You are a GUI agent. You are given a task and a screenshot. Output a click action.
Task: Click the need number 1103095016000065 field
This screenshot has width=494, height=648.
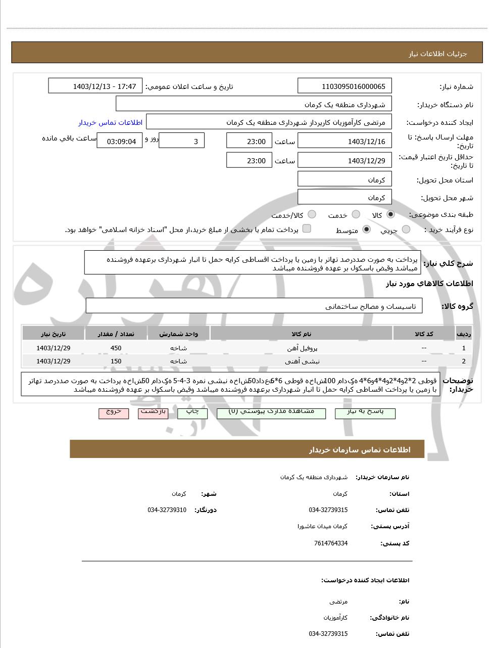point(345,86)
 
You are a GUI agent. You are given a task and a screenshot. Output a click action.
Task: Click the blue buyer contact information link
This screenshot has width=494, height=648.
point(110,123)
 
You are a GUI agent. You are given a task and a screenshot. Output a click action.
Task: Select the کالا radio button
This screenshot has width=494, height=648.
point(390,214)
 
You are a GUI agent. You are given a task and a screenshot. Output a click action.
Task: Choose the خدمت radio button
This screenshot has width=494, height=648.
point(356,215)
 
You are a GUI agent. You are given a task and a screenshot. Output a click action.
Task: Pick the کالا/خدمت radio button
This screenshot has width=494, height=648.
point(312,215)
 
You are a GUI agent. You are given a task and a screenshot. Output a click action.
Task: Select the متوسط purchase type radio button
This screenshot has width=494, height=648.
point(366,229)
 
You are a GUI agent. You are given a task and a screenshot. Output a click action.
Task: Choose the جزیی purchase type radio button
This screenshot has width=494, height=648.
point(406,229)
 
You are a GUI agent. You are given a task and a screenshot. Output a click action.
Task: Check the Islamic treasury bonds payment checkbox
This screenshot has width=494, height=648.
point(307,228)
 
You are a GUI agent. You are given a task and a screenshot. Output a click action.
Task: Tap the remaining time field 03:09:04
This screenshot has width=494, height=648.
point(121,142)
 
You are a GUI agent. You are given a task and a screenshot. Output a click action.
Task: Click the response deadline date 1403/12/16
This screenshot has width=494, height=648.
point(345,142)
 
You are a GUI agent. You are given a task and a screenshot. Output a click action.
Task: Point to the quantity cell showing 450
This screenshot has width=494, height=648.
point(116,348)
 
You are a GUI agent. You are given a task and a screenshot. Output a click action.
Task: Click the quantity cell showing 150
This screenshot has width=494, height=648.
point(116,361)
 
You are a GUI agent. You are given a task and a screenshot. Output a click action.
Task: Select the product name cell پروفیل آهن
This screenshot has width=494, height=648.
point(302,348)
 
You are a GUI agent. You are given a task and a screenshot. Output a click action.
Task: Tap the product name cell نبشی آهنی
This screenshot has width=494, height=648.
point(302,361)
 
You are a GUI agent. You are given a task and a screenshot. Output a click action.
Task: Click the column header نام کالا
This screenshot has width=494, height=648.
point(302,334)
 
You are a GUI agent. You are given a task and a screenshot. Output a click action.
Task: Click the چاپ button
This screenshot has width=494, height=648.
point(192,412)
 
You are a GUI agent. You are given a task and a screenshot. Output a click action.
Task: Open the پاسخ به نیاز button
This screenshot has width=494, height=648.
point(365,412)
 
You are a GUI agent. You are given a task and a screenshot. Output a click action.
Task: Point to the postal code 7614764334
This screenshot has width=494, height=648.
point(331,543)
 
